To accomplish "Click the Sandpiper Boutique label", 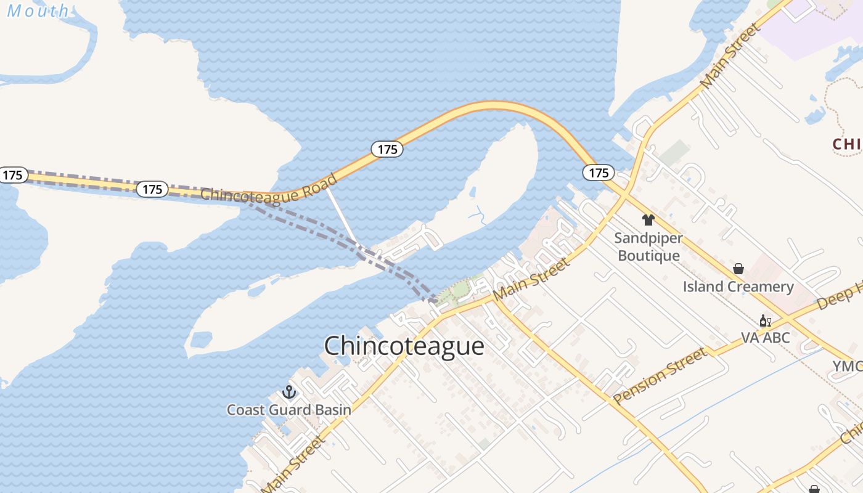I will (x=648, y=246).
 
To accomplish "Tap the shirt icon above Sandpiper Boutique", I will (x=648, y=220).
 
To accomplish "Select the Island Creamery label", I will (x=738, y=287).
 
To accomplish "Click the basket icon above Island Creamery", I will (x=738, y=269).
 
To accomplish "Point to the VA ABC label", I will (x=765, y=338).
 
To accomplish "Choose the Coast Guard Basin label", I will (x=288, y=410).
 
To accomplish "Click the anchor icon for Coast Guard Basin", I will (x=288, y=392).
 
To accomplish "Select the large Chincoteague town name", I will (x=404, y=346).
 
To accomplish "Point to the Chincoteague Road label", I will (x=269, y=189).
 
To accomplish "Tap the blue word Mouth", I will (x=38, y=10).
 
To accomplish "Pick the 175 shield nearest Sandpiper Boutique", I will (x=598, y=173).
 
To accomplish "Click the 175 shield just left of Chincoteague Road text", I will (x=152, y=189).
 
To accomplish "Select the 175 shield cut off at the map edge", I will (x=12, y=175).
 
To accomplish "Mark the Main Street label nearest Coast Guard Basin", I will (x=295, y=463).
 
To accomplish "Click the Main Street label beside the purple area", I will (x=730, y=55).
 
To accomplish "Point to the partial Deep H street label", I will (x=840, y=296).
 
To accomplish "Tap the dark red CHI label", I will (x=847, y=144).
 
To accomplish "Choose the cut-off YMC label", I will (x=848, y=366).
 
